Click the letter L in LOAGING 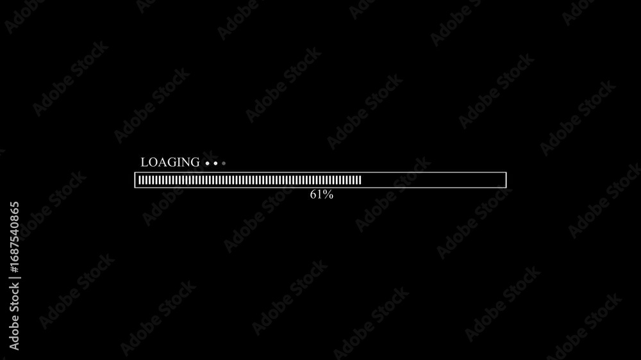[144, 162]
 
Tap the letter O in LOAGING [152, 162]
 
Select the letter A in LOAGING [160, 162]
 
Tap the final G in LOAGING [195, 162]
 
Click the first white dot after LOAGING [207, 163]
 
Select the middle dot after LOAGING [215, 163]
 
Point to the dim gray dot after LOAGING [224, 163]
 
